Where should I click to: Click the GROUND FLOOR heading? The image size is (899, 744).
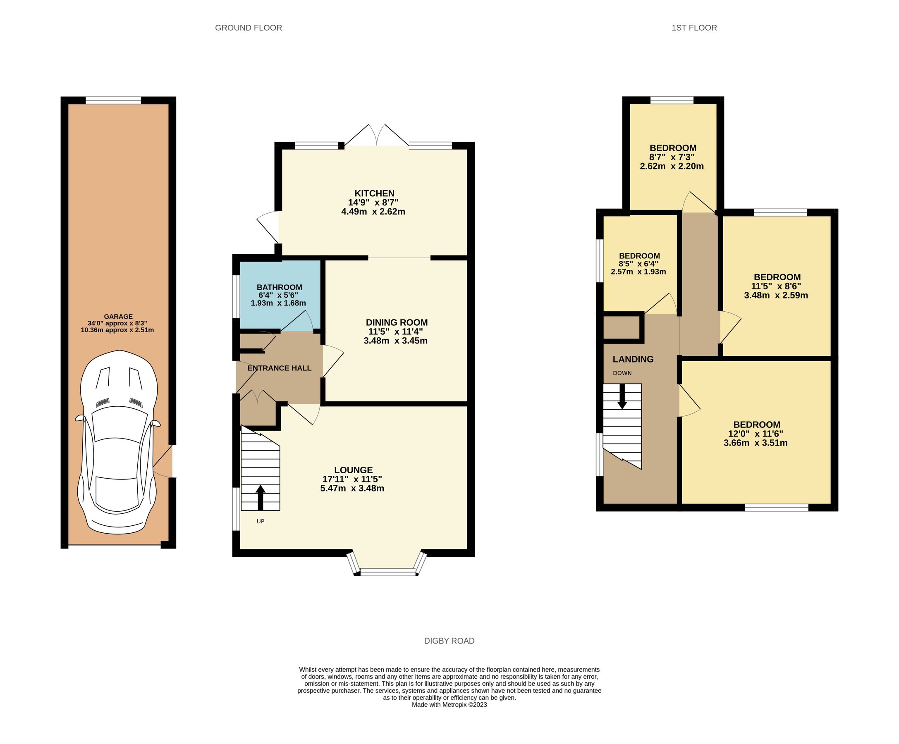pos(248,28)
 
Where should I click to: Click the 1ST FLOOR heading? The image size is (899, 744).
pos(694,28)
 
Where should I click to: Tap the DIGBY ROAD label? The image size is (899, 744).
pos(449,641)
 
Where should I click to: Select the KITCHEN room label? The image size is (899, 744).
pos(374,193)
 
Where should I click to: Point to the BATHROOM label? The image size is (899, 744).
pos(279,287)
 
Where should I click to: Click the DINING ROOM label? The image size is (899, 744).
pos(397,322)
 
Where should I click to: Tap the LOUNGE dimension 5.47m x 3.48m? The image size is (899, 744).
pos(352,488)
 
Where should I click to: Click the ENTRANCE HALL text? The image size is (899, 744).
pos(279,368)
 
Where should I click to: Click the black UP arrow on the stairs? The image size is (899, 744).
pos(260,497)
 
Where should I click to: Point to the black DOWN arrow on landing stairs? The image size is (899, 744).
pos(622,396)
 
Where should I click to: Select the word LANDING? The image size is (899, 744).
pos(633,359)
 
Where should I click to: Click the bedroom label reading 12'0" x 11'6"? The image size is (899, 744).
pos(756,434)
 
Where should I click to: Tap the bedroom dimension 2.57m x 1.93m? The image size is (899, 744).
pos(638,272)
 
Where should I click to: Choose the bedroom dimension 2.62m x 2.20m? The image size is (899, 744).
pos(672,167)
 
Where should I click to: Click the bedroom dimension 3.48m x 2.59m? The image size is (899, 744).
pos(776,295)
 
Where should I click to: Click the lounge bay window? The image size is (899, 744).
pos(388,571)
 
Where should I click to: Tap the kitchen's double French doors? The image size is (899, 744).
pos(377,136)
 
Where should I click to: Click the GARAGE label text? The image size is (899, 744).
pos(118,317)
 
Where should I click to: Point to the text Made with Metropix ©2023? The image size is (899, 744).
pos(449,705)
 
